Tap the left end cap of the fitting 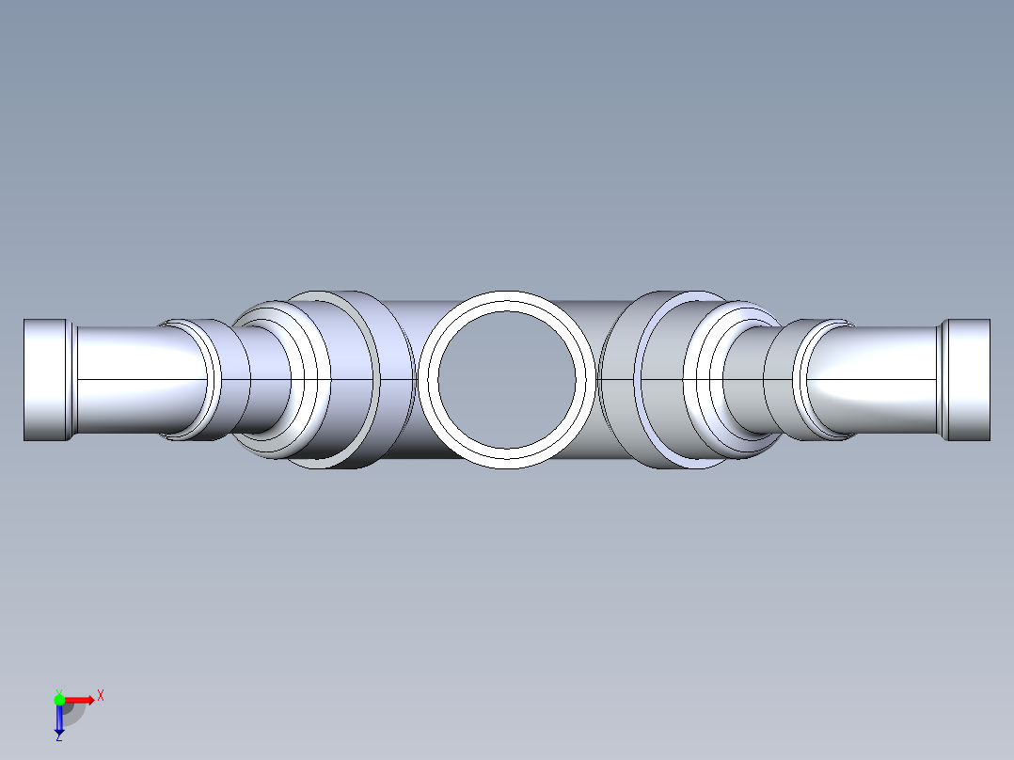pyautogui.click(x=46, y=379)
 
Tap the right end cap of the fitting pyautogui.click(x=967, y=379)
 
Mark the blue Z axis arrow pyautogui.click(x=59, y=720)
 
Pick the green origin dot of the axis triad pyautogui.click(x=59, y=699)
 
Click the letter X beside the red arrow pyautogui.click(x=101, y=696)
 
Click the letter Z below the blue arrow pyautogui.click(x=58, y=737)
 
